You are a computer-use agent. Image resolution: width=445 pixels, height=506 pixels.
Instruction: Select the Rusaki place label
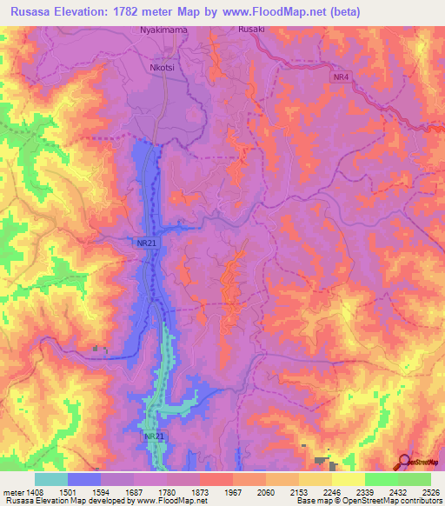pos(251,29)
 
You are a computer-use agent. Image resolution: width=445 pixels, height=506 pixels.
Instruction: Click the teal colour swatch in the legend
pos(51,479)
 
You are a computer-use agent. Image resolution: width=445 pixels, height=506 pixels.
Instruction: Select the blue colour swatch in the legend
pos(84,479)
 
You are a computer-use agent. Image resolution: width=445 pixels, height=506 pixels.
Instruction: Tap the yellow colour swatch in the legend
pos(349,479)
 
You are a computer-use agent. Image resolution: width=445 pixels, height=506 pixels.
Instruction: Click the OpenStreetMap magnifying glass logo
pos(403,463)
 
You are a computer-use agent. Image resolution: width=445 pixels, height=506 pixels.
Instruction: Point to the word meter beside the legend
pos(13,490)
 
